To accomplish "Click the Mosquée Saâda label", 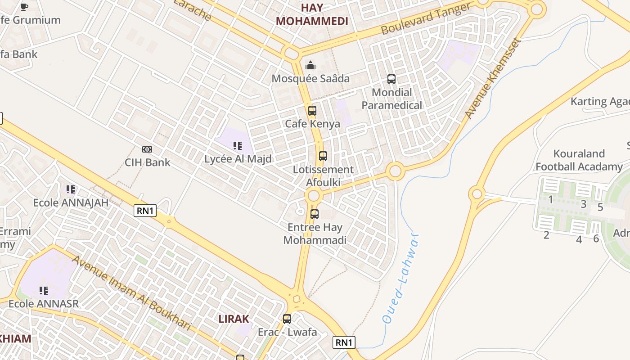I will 310,78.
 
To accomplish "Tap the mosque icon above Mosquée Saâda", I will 310,66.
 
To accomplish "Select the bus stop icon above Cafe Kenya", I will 312,110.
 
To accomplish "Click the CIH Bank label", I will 148,162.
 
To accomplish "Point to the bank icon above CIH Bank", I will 147,149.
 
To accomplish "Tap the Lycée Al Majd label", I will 238,159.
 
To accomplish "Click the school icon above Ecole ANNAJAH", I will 71,189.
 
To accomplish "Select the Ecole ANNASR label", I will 44,303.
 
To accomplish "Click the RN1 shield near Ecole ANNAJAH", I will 145,210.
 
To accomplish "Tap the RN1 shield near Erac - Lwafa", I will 344,342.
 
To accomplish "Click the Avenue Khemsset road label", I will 493,79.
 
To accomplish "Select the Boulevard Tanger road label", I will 426,18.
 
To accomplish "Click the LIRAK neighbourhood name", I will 234,319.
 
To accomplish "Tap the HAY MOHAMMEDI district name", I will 312,14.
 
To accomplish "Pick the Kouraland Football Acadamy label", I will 579,160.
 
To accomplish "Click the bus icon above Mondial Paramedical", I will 391,80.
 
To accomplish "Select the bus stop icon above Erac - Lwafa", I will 287,319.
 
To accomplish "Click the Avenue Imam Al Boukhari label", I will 131,292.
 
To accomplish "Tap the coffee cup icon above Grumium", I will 24,6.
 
